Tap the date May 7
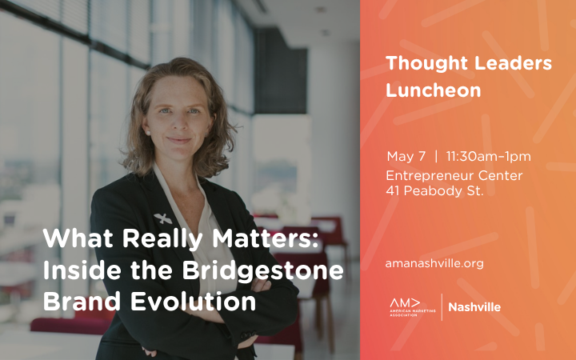click(x=406, y=156)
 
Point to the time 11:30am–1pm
click(x=488, y=156)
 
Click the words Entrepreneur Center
click(x=453, y=175)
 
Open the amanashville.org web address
click(x=434, y=262)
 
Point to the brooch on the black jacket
click(x=163, y=218)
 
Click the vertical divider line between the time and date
click(x=436, y=156)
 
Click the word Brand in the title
click(x=79, y=303)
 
